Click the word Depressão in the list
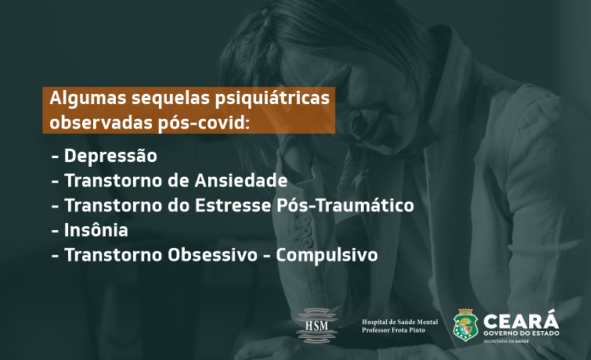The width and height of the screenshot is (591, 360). pos(110,156)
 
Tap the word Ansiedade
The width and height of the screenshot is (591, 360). pos(241,181)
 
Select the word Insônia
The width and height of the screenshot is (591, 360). pos(96,230)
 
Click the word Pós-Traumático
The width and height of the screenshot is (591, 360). pos(345,205)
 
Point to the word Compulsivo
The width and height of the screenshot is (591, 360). pos(326,255)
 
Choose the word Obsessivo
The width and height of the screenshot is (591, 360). pos(213,255)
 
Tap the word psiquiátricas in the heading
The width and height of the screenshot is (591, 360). pos(272,99)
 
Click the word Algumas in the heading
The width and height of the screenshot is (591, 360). pos(88,99)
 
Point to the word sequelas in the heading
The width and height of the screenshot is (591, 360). pos(171,99)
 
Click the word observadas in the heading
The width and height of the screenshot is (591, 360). pos(101,123)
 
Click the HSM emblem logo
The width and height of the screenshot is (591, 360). pos(316,326)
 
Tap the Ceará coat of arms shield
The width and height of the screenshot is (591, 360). pos(466,325)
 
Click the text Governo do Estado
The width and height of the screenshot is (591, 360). pos(521,333)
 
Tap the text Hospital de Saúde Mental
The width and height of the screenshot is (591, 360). pos(400,322)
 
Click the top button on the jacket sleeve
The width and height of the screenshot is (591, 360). pos(304,218)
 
